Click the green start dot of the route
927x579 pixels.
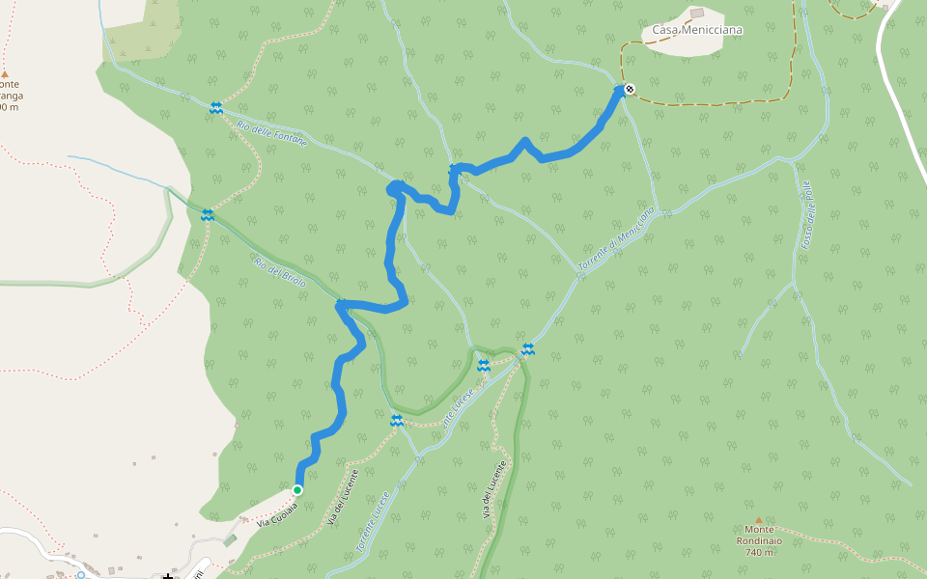pyautogui.click(x=297, y=490)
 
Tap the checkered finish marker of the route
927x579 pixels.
pyautogui.click(x=630, y=90)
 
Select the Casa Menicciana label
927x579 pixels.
pyautogui.click(x=697, y=30)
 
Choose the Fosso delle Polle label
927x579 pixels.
pyautogui.click(x=808, y=216)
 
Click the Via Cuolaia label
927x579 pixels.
pyautogui.click(x=277, y=512)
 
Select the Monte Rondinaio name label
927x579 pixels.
pyautogui.click(x=758, y=540)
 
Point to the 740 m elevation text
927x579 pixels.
pyautogui.click(x=760, y=552)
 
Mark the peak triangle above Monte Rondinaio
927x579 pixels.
pyautogui.click(x=758, y=520)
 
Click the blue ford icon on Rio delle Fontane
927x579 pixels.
pyautogui.click(x=216, y=108)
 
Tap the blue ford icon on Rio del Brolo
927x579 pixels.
pyautogui.click(x=207, y=214)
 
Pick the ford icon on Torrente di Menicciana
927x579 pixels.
pyautogui.click(x=527, y=349)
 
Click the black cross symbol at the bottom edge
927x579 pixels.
pyautogui.click(x=168, y=576)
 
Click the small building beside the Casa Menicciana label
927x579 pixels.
pyautogui.click(x=697, y=14)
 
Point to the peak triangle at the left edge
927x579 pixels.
pyautogui.click(x=5, y=73)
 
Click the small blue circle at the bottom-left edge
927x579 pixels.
pyautogui.click(x=81, y=575)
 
